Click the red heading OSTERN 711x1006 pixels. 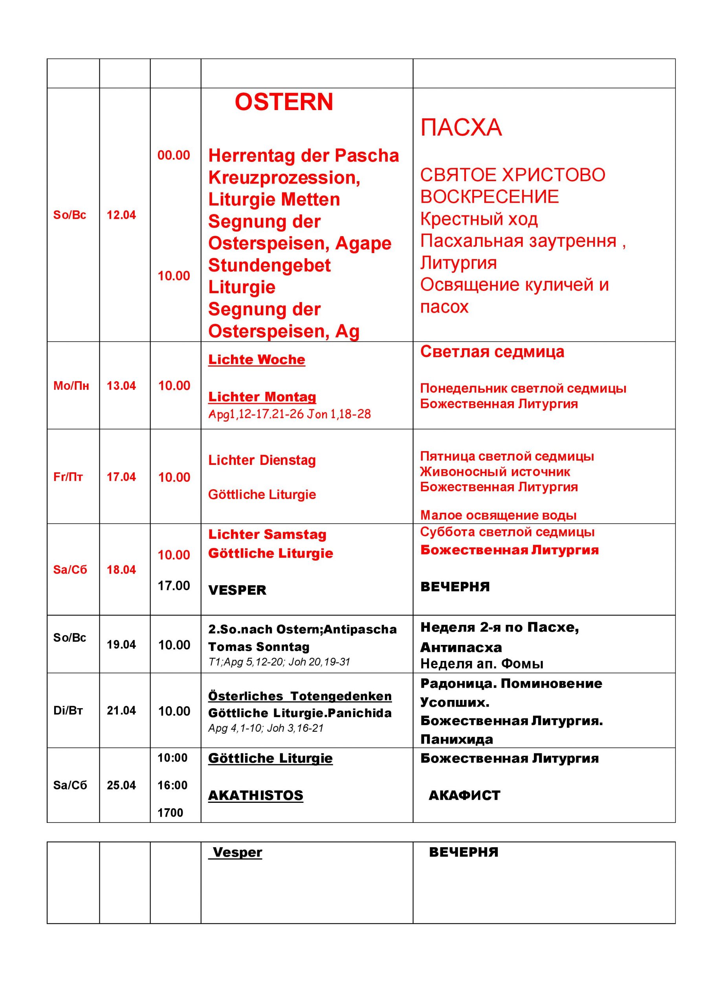pos(284,102)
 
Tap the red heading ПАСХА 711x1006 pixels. pos(461,127)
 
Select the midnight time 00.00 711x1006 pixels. pos(174,155)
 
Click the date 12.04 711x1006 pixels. pos(121,215)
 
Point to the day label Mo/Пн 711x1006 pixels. pos(71,386)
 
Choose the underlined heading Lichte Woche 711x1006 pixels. pos(257,359)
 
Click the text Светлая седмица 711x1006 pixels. pos(492,351)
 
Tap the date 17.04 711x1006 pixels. pos(121,477)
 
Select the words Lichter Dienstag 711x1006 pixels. pos(262,460)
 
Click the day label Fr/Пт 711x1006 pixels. pos(68,477)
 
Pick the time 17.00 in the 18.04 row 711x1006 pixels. pos(174,586)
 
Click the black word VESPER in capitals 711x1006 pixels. pos(237,590)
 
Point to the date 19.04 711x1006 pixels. pos(121,644)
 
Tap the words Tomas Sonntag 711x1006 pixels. pos(259,647)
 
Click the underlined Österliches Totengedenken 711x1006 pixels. pos(300,696)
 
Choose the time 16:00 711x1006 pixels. pos(172,785)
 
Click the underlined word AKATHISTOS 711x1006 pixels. pos(256,795)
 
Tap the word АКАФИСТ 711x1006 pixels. pos(464,795)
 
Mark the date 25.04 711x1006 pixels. pos(121,785)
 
